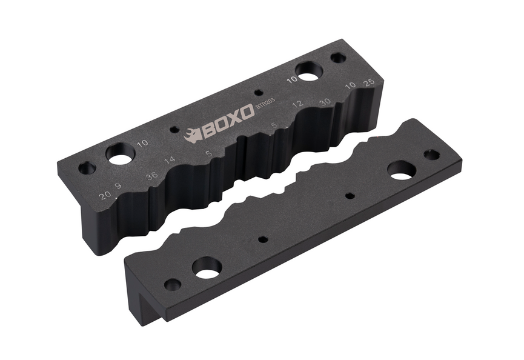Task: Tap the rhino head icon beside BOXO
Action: pyautogui.click(x=192, y=136)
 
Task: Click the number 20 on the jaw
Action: pyautogui.click(x=105, y=195)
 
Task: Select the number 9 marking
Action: pyautogui.click(x=118, y=186)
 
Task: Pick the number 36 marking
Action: pyautogui.click(x=152, y=176)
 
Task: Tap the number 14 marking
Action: pyautogui.click(x=170, y=159)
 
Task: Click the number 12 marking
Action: pyautogui.click(x=298, y=104)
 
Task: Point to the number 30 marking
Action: pyautogui.click(x=325, y=102)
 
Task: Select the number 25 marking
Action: pyautogui.click(x=369, y=82)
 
